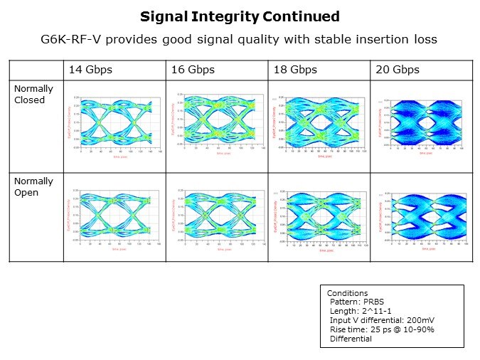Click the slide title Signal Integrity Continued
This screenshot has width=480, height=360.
(x=240, y=16)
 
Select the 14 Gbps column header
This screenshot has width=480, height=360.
(x=90, y=70)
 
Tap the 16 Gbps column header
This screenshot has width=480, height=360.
(x=193, y=70)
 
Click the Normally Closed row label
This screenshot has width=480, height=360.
(x=30, y=95)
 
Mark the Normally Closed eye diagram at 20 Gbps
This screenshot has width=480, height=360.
(x=422, y=122)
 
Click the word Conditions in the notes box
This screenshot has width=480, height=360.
(x=347, y=293)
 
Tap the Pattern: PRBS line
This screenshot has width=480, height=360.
(x=356, y=302)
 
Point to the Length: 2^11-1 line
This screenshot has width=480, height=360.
(x=359, y=311)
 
